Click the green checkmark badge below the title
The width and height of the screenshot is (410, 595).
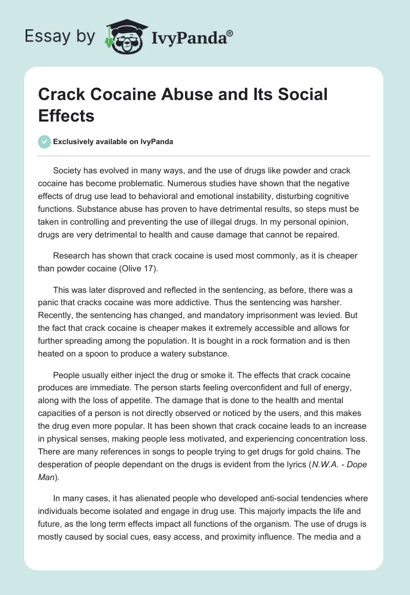(45, 142)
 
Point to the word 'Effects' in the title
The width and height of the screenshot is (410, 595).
(67, 115)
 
